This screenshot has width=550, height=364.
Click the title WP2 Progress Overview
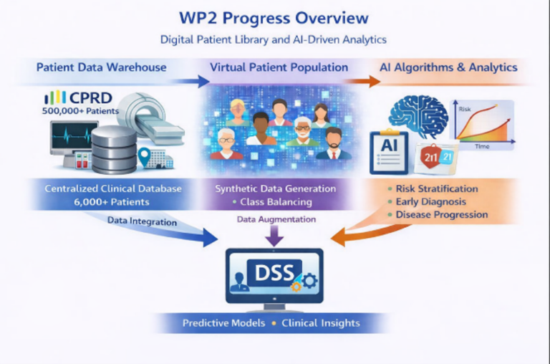(x=274, y=18)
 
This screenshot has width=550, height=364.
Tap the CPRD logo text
(x=91, y=98)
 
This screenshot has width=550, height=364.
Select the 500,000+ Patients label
(x=80, y=111)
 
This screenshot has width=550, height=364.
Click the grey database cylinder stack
(x=114, y=150)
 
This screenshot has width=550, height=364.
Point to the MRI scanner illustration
(x=151, y=118)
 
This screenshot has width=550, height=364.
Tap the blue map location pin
(x=144, y=157)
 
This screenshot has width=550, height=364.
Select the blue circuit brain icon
(x=418, y=115)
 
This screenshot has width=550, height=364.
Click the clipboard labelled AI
(x=389, y=152)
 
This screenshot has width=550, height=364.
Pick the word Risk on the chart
(x=465, y=109)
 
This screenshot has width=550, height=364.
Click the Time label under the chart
(x=482, y=146)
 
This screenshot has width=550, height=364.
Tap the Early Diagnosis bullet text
(x=430, y=202)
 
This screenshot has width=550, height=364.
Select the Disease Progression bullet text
(x=442, y=215)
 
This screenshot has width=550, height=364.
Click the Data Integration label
(x=142, y=221)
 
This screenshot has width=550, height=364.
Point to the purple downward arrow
(x=274, y=236)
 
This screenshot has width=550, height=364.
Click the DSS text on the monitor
(x=274, y=273)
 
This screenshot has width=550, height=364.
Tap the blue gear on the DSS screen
(x=309, y=280)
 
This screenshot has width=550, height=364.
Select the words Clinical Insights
(x=321, y=323)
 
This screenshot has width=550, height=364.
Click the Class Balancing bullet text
(x=276, y=202)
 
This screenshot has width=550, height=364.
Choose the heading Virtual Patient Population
(x=279, y=67)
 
